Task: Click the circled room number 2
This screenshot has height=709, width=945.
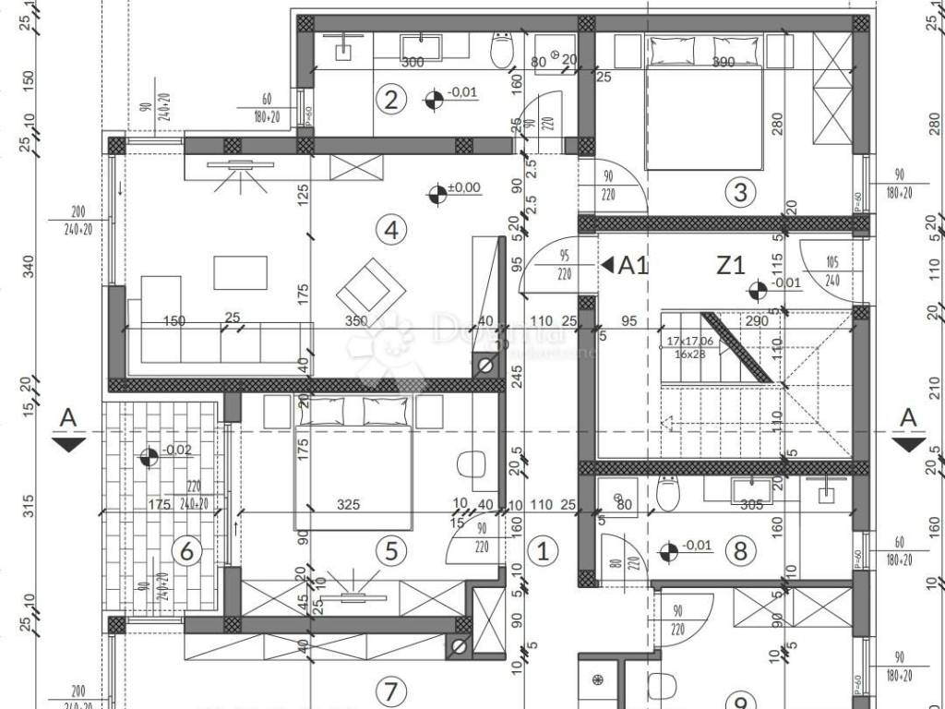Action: [x=391, y=99]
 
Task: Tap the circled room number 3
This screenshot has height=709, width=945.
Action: [x=740, y=192]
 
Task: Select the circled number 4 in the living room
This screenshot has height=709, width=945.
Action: [x=391, y=230]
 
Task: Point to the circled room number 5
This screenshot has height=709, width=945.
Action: [x=391, y=551]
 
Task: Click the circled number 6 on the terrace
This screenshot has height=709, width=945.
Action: [x=186, y=552]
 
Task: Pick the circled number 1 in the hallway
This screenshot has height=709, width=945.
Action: [x=543, y=552]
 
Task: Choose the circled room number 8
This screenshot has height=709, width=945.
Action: [x=739, y=552]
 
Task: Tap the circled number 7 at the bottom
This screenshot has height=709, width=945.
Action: [x=391, y=691]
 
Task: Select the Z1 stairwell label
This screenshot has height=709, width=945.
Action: [x=731, y=266]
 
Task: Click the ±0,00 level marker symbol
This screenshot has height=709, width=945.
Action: [x=437, y=194]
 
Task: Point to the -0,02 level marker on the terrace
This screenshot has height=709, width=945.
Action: [x=148, y=456]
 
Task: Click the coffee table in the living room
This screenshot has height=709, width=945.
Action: [x=240, y=272]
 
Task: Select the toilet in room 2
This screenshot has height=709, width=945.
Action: [x=501, y=49]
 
